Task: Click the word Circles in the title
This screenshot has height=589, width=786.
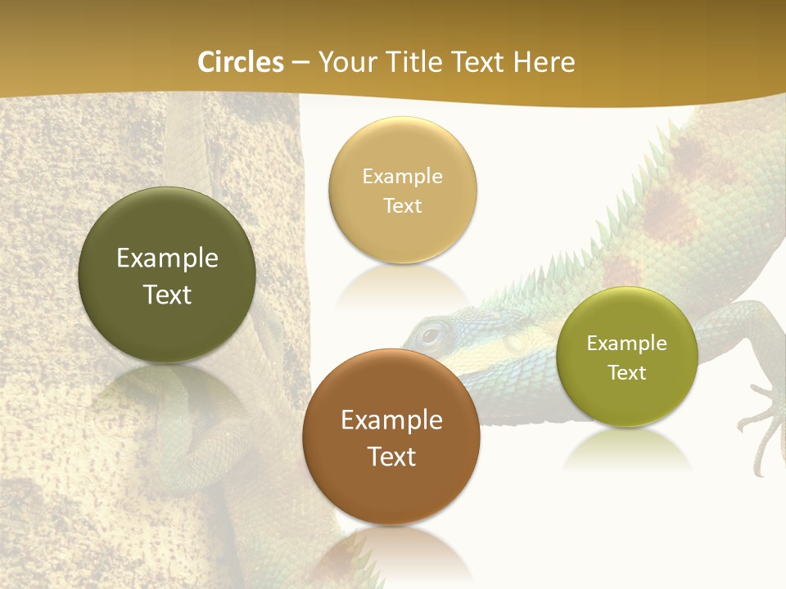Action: coord(241,62)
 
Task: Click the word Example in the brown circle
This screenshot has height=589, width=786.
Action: coord(391,420)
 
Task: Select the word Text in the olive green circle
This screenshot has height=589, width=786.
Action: coord(167,294)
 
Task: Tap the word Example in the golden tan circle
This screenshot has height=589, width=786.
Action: coord(402,177)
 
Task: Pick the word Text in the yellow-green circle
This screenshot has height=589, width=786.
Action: coord(626,373)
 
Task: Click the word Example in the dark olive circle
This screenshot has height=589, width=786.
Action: coord(167,259)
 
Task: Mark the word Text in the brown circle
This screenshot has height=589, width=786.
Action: coord(391,456)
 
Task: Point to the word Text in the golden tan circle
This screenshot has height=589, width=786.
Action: coord(402,206)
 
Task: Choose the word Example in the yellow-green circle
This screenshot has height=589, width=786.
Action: coord(626,344)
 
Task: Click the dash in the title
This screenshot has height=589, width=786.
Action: coord(300,62)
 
